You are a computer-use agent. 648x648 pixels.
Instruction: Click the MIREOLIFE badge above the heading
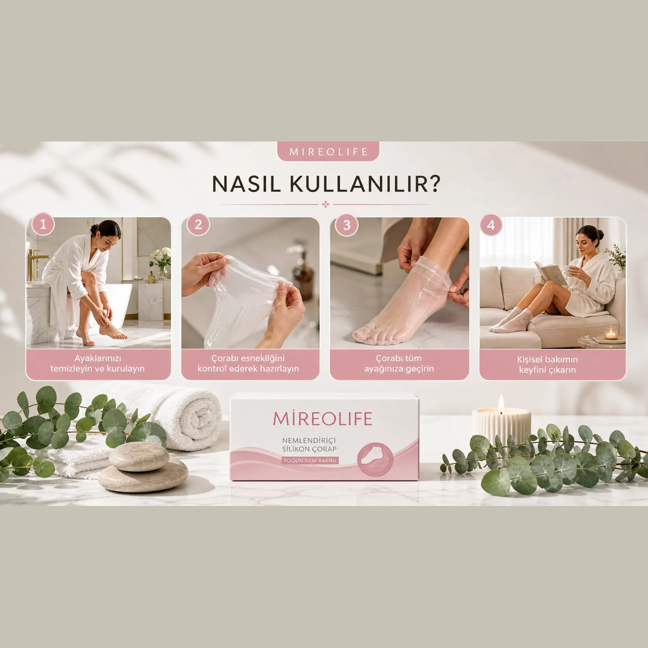[x=328, y=151]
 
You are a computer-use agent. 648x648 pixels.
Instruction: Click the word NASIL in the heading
[x=246, y=184]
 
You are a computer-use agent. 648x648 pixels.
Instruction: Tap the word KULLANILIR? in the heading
[x=365, y=184]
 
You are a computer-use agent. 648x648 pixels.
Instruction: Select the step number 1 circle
[x=43, y=224]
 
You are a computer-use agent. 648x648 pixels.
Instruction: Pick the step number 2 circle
[x=198, y=224]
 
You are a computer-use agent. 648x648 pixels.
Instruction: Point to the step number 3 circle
[x=347, y=225]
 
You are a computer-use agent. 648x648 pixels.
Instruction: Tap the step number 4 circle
[x=491, y=225]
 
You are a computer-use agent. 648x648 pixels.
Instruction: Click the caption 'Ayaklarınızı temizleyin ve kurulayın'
[x=98, y=363]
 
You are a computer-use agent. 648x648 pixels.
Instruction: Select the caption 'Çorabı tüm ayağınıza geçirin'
[x=399, y=363]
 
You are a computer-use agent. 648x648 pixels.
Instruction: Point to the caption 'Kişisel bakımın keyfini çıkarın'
[x=548, y=364]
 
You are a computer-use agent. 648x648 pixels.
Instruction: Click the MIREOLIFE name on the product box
[x=323, y=418]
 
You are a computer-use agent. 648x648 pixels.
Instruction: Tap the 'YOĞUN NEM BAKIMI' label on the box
[x=310, y=461]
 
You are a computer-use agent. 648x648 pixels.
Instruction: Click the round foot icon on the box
[x=375, y=460]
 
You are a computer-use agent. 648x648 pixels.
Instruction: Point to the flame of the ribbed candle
[x=501, y=404]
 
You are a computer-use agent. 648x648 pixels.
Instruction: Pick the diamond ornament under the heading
[x=325, y=204]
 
